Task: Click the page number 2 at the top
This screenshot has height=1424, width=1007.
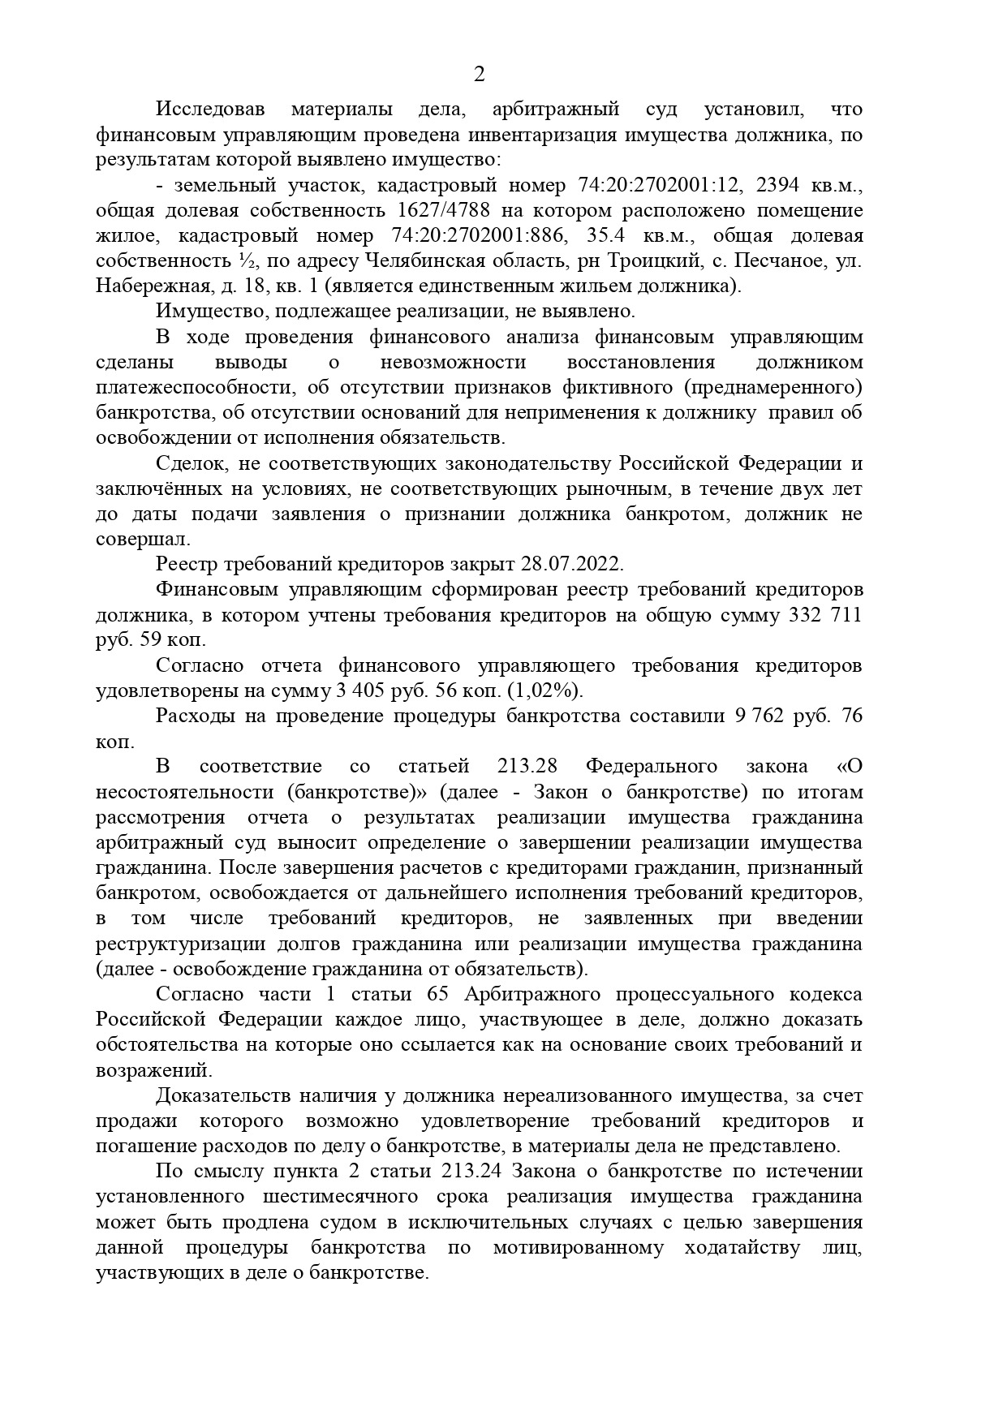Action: [479, 75]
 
